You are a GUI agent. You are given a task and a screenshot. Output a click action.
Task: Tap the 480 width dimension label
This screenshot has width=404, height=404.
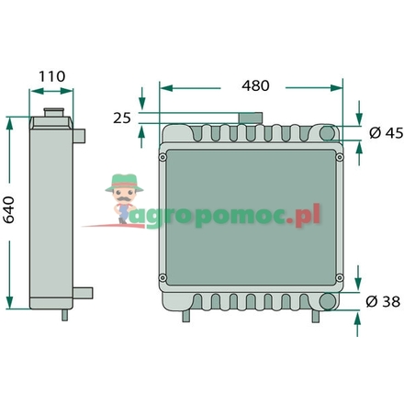click(x=255, y=85)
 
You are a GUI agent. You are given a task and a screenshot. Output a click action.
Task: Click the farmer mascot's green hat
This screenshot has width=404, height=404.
click(x=120, y=182)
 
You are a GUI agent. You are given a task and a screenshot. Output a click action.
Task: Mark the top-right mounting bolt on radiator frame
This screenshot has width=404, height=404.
click(x=339, y=156)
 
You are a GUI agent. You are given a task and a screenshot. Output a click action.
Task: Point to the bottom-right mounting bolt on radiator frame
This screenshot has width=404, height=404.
click(x=339, y=278)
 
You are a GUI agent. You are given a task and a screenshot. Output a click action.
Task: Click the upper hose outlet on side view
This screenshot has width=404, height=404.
click(x=83, y=136)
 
